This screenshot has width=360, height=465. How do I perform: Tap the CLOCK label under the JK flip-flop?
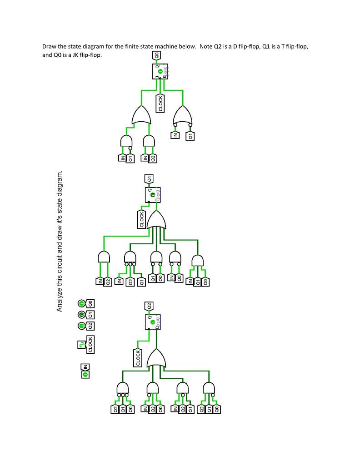(160, 103)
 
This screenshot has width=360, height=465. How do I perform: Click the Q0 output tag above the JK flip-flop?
(156, 55)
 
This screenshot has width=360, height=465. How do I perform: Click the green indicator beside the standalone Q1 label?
(81, 314)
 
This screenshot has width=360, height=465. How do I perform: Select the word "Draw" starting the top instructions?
(49, 47)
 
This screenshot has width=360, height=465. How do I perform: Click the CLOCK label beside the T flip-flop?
(142, 218)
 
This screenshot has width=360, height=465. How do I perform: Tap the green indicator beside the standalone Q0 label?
(81, 303)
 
